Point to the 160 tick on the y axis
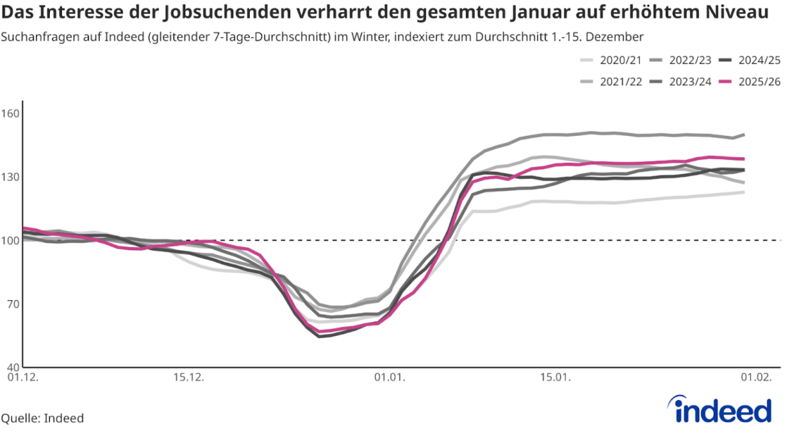coord(11,113)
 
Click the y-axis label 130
coord(11,176)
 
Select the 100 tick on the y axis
coord(11,240)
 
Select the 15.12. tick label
coord(188,377)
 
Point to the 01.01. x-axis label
coord(389,377)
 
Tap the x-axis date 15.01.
coord(556,377)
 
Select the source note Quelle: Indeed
coord(43,418)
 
